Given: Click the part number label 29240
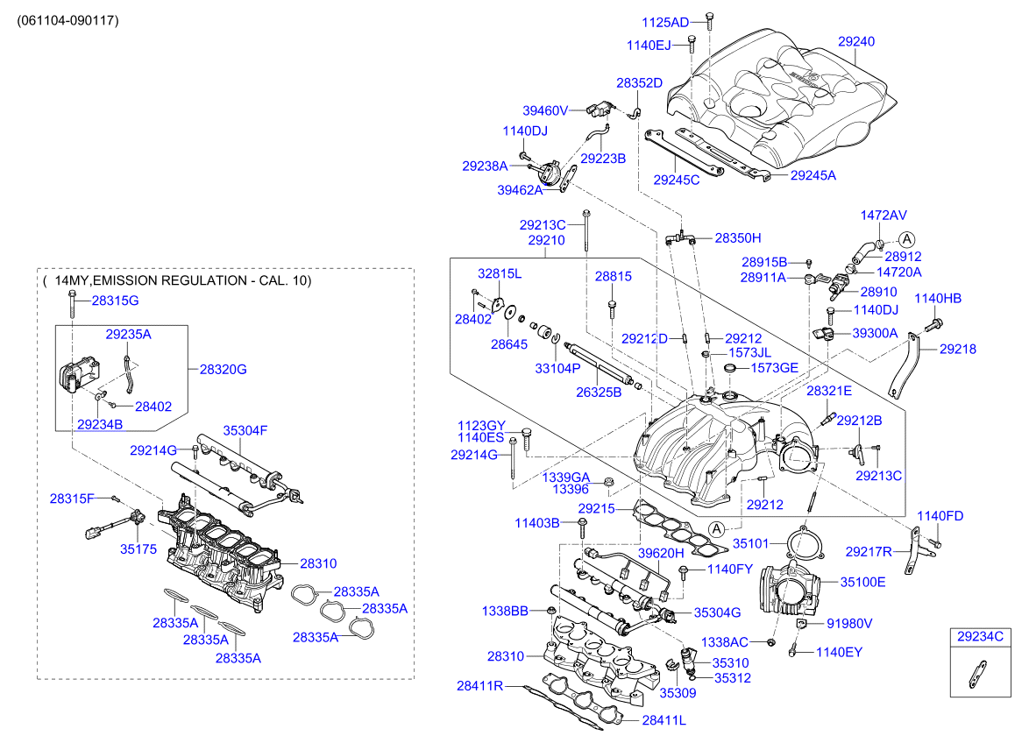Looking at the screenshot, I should click(x=855, y=41).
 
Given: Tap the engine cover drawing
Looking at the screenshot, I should click(x=780, y=96).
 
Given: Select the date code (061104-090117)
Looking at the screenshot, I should click(x=67, y=19).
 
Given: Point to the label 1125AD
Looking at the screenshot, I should click(x=665, y=22).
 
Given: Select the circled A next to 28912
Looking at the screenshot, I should click(x=906, y=238).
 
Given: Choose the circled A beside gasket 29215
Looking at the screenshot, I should click(x=717, y=528).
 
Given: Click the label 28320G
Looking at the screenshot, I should click(x=223, y=370).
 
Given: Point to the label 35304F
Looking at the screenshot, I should click(x=245, y=430).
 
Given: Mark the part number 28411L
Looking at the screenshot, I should click(x=664, y=720).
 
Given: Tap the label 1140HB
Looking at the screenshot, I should click(x=938, y=299).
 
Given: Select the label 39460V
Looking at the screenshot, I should click(x=546, y=110).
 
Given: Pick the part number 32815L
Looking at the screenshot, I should click(x=499, y=274).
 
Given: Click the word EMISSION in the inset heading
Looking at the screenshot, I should click(x=131, y=280).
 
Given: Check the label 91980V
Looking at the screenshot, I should click(x=849, y=624).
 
